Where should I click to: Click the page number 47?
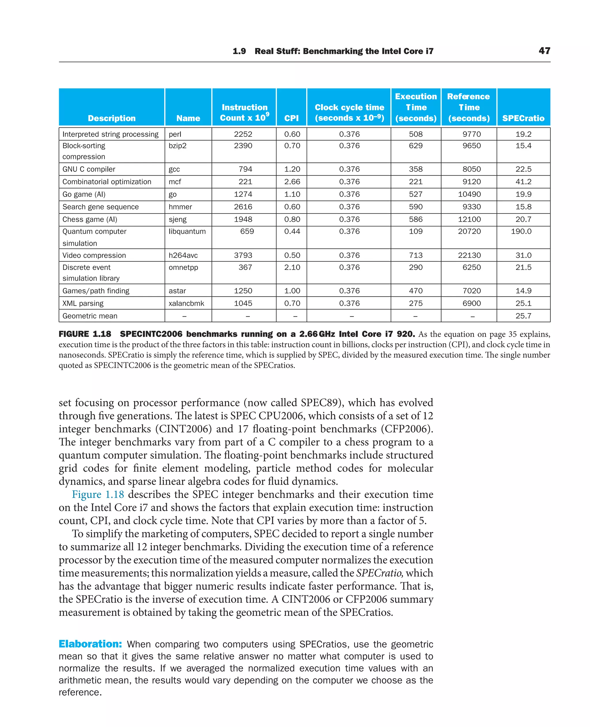(x=544, y=51)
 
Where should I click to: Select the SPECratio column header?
(x=523, y=118)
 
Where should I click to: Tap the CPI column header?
(x=291, y=118)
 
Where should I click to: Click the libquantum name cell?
(x=187, y=232)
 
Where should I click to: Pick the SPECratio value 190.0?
(x=521, y=232)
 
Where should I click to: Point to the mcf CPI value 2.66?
(x=292, y=182)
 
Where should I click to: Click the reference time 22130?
(x=469, y=255)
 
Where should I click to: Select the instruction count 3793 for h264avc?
(x=243, y=255)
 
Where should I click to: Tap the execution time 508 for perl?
(x=416, y=134)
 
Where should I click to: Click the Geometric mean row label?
(x=90, y=316)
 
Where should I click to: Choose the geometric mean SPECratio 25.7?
(x=523, y=316)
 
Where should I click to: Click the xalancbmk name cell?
(x=186, y=304)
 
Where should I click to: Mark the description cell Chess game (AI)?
(x=90, y=219)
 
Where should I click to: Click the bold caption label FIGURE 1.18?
(x=85, y=334)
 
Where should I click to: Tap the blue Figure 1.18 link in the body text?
(x=98, y=494)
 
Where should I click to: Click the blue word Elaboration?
(x=90, y=644)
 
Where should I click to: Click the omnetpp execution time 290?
(x=416, y=268)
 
